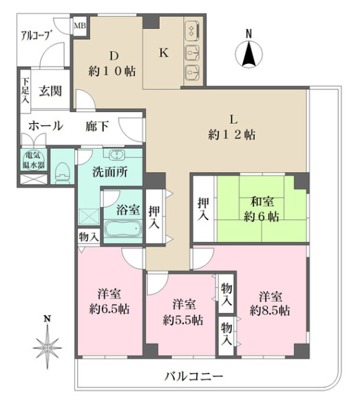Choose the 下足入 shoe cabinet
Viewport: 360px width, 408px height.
24,89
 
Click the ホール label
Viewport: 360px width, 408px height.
45,126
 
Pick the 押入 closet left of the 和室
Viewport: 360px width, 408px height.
204,209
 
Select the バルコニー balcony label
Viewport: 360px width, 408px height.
194,376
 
